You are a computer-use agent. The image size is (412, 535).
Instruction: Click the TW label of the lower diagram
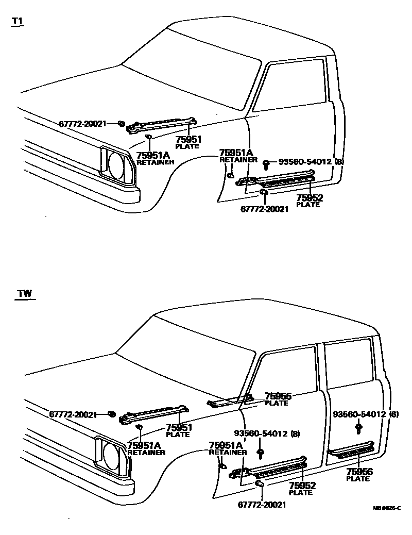(24, 294)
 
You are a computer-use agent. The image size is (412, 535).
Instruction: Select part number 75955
(278, 396)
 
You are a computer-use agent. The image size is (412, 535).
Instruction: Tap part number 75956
(359, 472)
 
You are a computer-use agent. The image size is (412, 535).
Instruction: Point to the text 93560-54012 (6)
(366, 414)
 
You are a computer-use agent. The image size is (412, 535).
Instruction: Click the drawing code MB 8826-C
(387, 508)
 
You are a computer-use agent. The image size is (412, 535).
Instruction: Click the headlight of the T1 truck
(119, 164)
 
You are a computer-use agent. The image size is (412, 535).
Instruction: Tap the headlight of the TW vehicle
(113, 454)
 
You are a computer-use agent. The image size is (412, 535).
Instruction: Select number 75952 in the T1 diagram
(310, 198)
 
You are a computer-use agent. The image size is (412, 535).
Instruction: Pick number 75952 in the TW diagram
(302, 486)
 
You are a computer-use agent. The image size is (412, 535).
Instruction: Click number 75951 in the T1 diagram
(188, 139)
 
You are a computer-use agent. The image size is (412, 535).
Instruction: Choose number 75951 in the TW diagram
(179, 427)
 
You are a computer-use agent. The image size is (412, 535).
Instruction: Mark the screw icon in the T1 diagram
(266, 164)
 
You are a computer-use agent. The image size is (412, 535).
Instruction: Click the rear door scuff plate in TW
(352, 450)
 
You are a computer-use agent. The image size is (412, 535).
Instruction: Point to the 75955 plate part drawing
(229, 401)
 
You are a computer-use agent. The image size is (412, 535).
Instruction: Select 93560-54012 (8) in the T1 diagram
(311, 162)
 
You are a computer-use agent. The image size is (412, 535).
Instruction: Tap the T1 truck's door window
(291, 86)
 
